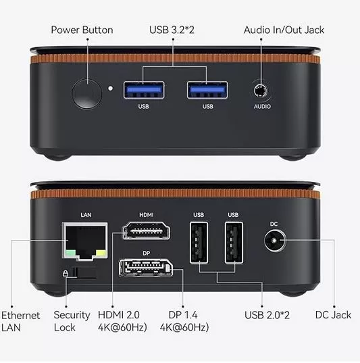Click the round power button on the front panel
click(x=85, y=94)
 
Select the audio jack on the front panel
click(x=261, y=91)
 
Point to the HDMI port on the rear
click(x=146, y=234)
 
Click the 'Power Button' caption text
click(x=82, y=30)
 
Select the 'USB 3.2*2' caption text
click(x=172, y=30)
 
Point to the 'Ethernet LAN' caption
click(x=20, y=321)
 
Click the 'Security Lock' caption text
click(x=72, y=321)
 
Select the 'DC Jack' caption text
click(x=333, y=315)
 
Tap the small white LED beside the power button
click(x=109, y=88)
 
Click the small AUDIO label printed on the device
click(x=262, y=107)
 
